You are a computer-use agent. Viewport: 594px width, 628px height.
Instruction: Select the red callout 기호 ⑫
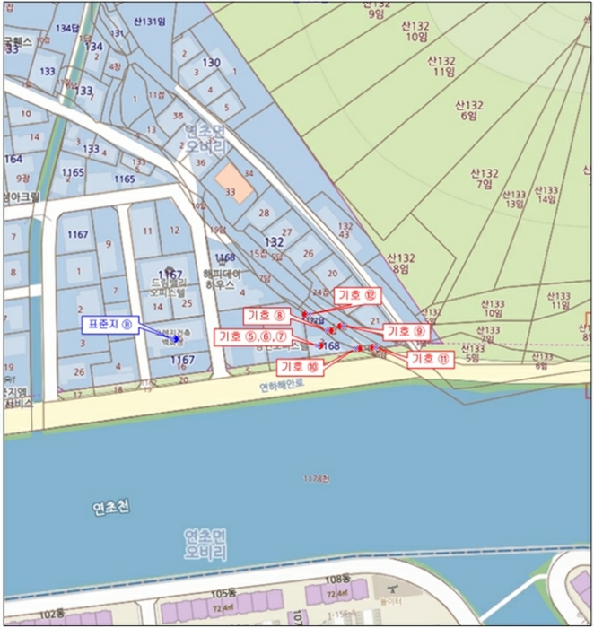358,295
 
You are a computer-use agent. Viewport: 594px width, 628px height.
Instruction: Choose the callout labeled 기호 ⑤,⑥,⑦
251,336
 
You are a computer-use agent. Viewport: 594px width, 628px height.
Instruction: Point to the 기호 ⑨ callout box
406,331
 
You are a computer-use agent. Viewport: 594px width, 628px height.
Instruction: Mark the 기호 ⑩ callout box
301,366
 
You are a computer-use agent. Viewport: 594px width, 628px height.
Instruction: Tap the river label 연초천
111,509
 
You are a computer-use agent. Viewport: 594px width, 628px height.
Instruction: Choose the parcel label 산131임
150,22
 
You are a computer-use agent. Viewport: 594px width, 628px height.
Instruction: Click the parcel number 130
212,62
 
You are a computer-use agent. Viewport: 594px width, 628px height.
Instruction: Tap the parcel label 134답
67,29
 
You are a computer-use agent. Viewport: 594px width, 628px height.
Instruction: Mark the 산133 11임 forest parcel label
561,300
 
